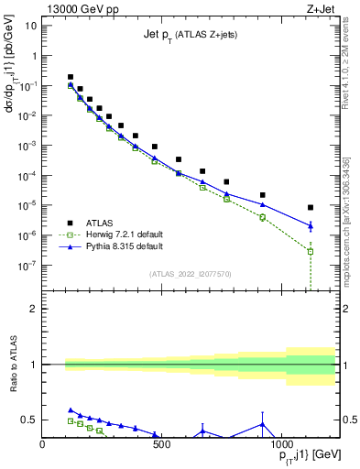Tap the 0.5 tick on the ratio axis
click(30, 420)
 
